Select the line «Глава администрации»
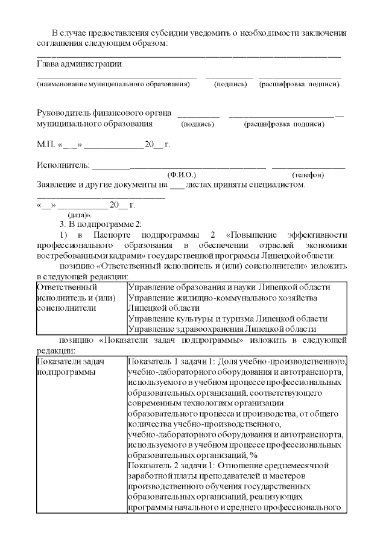click(79, 63)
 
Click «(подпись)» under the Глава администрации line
click(230, 84)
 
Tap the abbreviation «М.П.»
click(46, 145)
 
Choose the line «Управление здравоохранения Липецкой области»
click(222, 329)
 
